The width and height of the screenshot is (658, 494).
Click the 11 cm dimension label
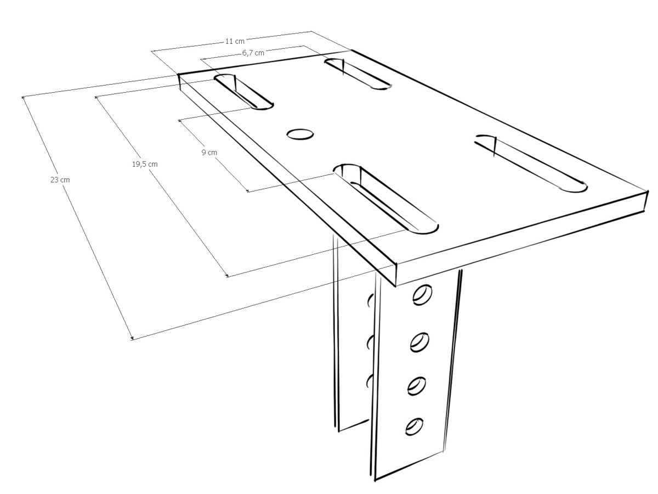(235, 41)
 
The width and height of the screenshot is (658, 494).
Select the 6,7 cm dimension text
(253, 53)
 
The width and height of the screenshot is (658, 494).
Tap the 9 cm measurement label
(209, 153)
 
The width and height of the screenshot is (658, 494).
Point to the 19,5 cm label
(145, 164)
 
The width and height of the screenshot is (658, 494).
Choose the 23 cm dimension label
(60, 179)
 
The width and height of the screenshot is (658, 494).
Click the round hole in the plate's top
(300, 134)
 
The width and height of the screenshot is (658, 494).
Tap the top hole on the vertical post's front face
(422, 295)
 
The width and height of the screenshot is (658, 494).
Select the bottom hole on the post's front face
(415, 426)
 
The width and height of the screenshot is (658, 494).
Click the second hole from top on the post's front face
(419, 342)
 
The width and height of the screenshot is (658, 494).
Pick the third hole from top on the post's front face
(417, 386)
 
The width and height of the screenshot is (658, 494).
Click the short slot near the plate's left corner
(243, 92)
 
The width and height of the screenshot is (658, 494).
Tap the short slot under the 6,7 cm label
(358, 74)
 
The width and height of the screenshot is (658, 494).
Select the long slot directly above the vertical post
(386, 199)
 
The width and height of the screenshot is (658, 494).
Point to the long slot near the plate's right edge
(531, 164)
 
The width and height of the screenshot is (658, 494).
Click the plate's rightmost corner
(648, 191)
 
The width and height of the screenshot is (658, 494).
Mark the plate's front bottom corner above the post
(396, 286)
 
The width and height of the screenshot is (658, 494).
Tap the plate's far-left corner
(179, 75)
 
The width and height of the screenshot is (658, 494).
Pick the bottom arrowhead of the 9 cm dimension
(248, 191)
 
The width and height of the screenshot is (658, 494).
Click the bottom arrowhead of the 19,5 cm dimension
(228, 276)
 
